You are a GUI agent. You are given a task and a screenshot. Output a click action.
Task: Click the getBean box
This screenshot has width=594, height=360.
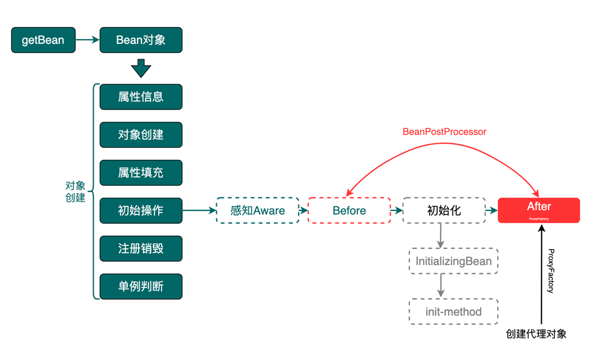coord(43,40)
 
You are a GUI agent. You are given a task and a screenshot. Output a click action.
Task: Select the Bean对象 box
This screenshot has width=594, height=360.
coord(141,40)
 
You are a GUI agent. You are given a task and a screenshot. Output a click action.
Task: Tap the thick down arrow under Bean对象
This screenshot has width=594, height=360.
coord(141,68)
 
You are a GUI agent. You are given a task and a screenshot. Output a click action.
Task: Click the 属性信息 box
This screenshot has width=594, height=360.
coord(141,97)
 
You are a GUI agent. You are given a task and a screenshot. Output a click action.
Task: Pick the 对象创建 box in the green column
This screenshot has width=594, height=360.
coord(141,135)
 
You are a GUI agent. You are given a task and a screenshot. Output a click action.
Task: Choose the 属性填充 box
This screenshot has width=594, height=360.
coord(141,173)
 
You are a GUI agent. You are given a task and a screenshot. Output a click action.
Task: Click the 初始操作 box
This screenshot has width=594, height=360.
coord(141,210)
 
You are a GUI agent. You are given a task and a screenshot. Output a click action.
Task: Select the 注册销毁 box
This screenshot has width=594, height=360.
coord(141,248)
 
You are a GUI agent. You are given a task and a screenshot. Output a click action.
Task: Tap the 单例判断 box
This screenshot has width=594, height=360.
coord(141,286)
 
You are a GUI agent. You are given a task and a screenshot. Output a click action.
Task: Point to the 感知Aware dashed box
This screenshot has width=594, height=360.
coord(258,210)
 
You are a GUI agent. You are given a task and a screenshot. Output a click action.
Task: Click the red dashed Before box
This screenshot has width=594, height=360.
coord(349,210)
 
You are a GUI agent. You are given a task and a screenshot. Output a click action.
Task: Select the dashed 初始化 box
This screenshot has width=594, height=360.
coord(444,210)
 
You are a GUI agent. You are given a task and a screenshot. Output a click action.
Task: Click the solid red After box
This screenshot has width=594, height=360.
coord(539,210)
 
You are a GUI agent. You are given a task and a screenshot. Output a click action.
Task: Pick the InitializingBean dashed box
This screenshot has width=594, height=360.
coord(453,261)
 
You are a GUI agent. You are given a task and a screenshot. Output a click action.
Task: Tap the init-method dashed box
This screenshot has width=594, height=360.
coord(453,312)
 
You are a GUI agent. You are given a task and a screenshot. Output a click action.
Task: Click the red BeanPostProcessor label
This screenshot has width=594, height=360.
coord(444,132)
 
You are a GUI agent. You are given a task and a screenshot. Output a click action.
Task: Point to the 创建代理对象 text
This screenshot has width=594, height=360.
coord(536,334)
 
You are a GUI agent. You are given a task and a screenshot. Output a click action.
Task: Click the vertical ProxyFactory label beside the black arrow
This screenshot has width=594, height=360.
coord(551,271)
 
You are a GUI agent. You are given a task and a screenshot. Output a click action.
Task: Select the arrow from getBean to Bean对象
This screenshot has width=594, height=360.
coord(87,40)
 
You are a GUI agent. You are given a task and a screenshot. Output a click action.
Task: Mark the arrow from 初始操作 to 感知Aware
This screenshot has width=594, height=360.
coord(199,210)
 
